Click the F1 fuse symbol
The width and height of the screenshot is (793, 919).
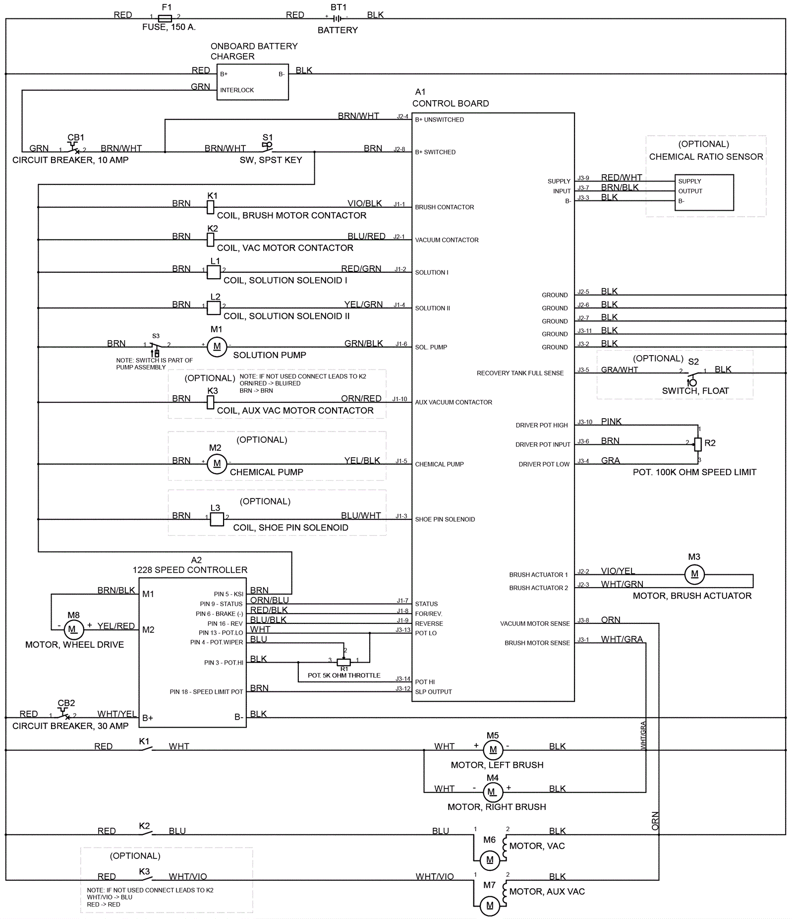(x=165, y=18)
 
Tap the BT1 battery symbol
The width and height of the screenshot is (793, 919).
(x=337, y=18)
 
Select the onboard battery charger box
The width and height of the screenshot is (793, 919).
(x=253, y=82)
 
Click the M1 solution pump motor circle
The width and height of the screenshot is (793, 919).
(x=217, y=347)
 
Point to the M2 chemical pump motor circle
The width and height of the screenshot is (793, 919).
(x=217, y=464)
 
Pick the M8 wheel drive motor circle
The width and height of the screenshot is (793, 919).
(x=72, y=629)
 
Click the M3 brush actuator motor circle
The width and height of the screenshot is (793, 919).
(x=694, y=574)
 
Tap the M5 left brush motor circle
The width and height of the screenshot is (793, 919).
(x=493, y=750)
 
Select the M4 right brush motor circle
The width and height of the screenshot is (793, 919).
(x=492, y=792)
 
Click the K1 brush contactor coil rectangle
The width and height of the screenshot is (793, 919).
(x=211, y=207)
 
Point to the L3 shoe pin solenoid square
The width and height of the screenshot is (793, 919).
(x=217, y=519)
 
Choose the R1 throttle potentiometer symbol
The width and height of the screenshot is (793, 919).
(x=343, y=662)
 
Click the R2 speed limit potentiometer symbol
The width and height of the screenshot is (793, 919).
(x=698, y=444)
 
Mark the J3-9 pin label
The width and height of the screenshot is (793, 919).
(x=583, y=178)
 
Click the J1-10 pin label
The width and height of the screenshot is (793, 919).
(x=399, y=399)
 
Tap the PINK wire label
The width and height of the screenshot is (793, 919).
(x=611, y=422)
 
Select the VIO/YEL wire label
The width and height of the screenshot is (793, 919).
(x=618, y=571)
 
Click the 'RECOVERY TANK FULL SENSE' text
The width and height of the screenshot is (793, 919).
(x=520, y=373)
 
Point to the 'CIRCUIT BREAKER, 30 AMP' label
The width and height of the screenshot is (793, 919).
(x=70, y=726)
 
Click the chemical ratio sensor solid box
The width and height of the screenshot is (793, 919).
(x=704, y=192)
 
